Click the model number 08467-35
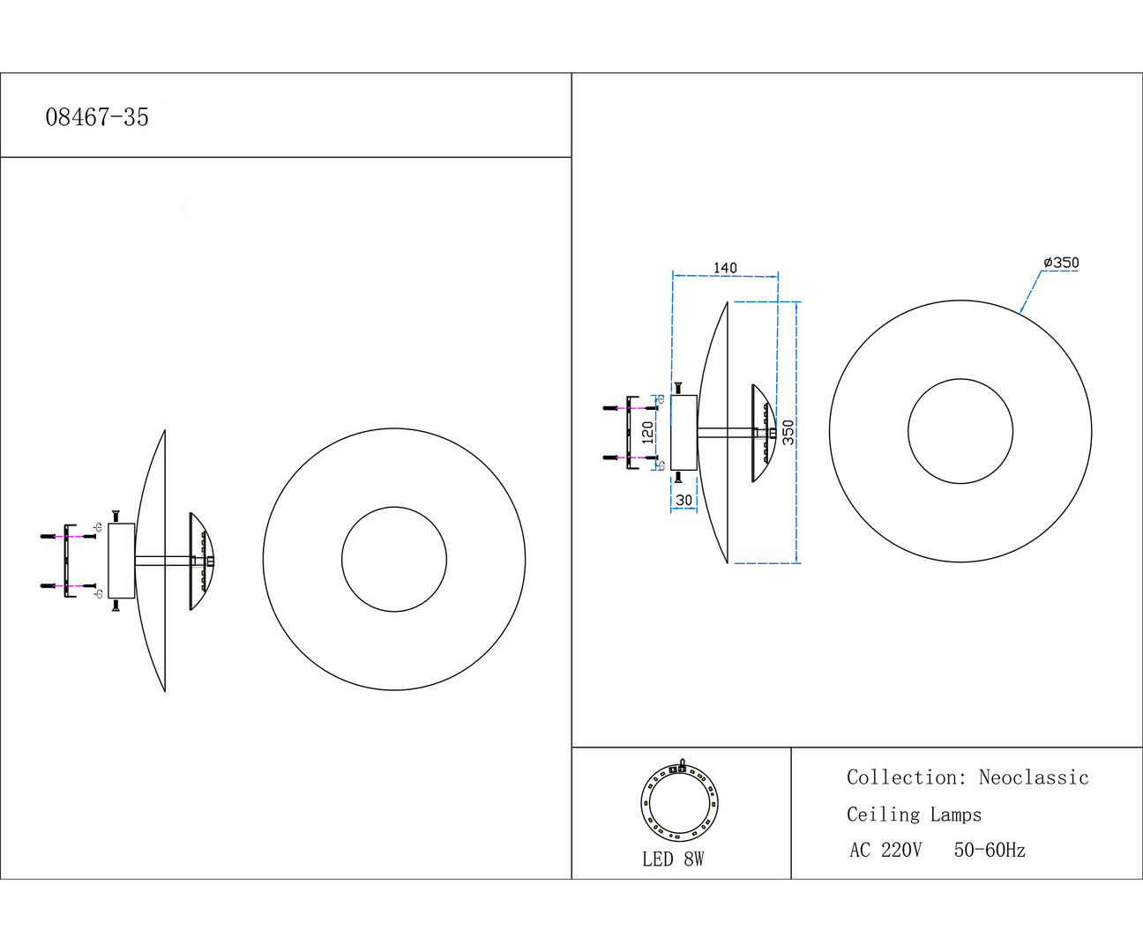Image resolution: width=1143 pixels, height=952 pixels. (97, 117)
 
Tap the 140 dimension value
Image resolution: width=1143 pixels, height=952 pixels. (725, 268)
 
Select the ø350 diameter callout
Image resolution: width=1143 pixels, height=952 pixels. (1061, 263)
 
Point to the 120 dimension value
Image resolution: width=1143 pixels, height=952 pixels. (647, 432)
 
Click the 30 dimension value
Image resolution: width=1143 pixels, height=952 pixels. (684, 500)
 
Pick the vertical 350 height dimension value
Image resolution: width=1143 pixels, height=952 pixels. (788, 432)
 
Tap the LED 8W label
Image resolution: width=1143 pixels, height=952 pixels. (673, 859)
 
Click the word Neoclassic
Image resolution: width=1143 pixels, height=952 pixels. (1034, 777)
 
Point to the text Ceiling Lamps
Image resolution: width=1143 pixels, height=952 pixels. (914, 814)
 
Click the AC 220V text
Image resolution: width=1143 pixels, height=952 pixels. (885, 851)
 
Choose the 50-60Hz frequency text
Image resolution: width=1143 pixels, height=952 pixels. (990, 851)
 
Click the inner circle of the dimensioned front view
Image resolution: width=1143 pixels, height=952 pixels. (960, 432)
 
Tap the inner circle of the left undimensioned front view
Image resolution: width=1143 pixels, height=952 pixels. (394, 559)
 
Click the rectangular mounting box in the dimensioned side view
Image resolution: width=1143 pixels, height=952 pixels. (684, 432)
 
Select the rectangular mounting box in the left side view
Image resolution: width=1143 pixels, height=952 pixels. (122, 561)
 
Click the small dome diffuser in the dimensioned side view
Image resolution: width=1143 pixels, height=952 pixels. (763, 433)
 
